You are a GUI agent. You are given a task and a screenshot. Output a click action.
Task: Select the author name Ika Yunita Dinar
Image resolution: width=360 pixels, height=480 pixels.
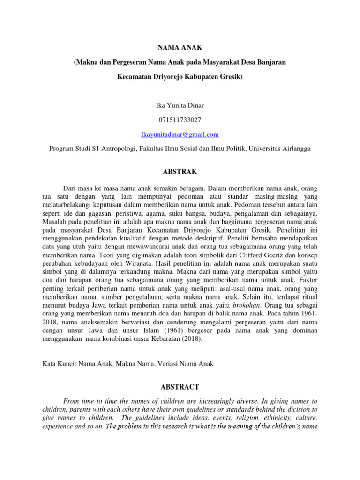pos(180,105)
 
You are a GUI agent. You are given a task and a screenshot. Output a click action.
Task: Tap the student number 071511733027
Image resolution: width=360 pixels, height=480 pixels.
pos(180,120)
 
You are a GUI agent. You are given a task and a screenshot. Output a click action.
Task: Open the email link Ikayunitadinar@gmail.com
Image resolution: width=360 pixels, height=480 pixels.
pos(180,135)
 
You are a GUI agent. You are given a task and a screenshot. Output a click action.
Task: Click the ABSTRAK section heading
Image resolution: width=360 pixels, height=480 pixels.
pos(180,172)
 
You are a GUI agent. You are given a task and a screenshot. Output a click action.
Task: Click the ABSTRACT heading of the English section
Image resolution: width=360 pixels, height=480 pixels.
pos(180,387)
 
